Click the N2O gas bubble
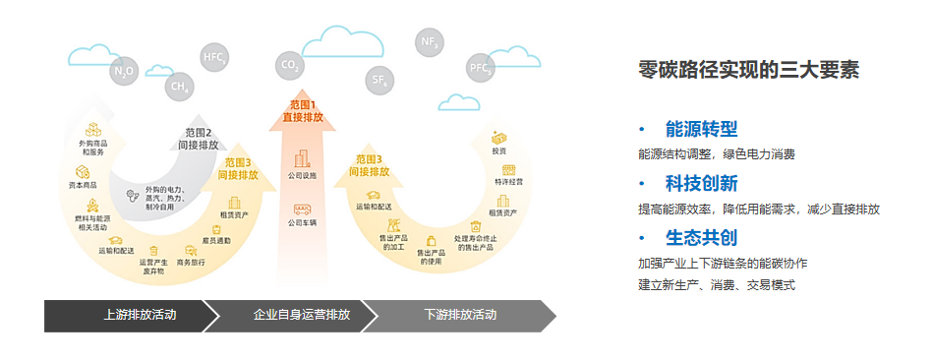(124, 71)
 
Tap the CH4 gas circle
(179, 87)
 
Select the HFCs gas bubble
(214, 57)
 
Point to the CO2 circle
(290, 66)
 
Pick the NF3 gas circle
(430, 43)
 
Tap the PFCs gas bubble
(480, 68)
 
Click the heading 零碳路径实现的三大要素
(749, 71)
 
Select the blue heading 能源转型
(701, 130)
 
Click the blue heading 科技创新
(701, 184)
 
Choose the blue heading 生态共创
(701, 238)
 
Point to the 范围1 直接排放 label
(302, 110)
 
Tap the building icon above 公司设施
(302, 157)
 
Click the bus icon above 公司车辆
(302, 210)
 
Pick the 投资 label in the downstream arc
(499, 150)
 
